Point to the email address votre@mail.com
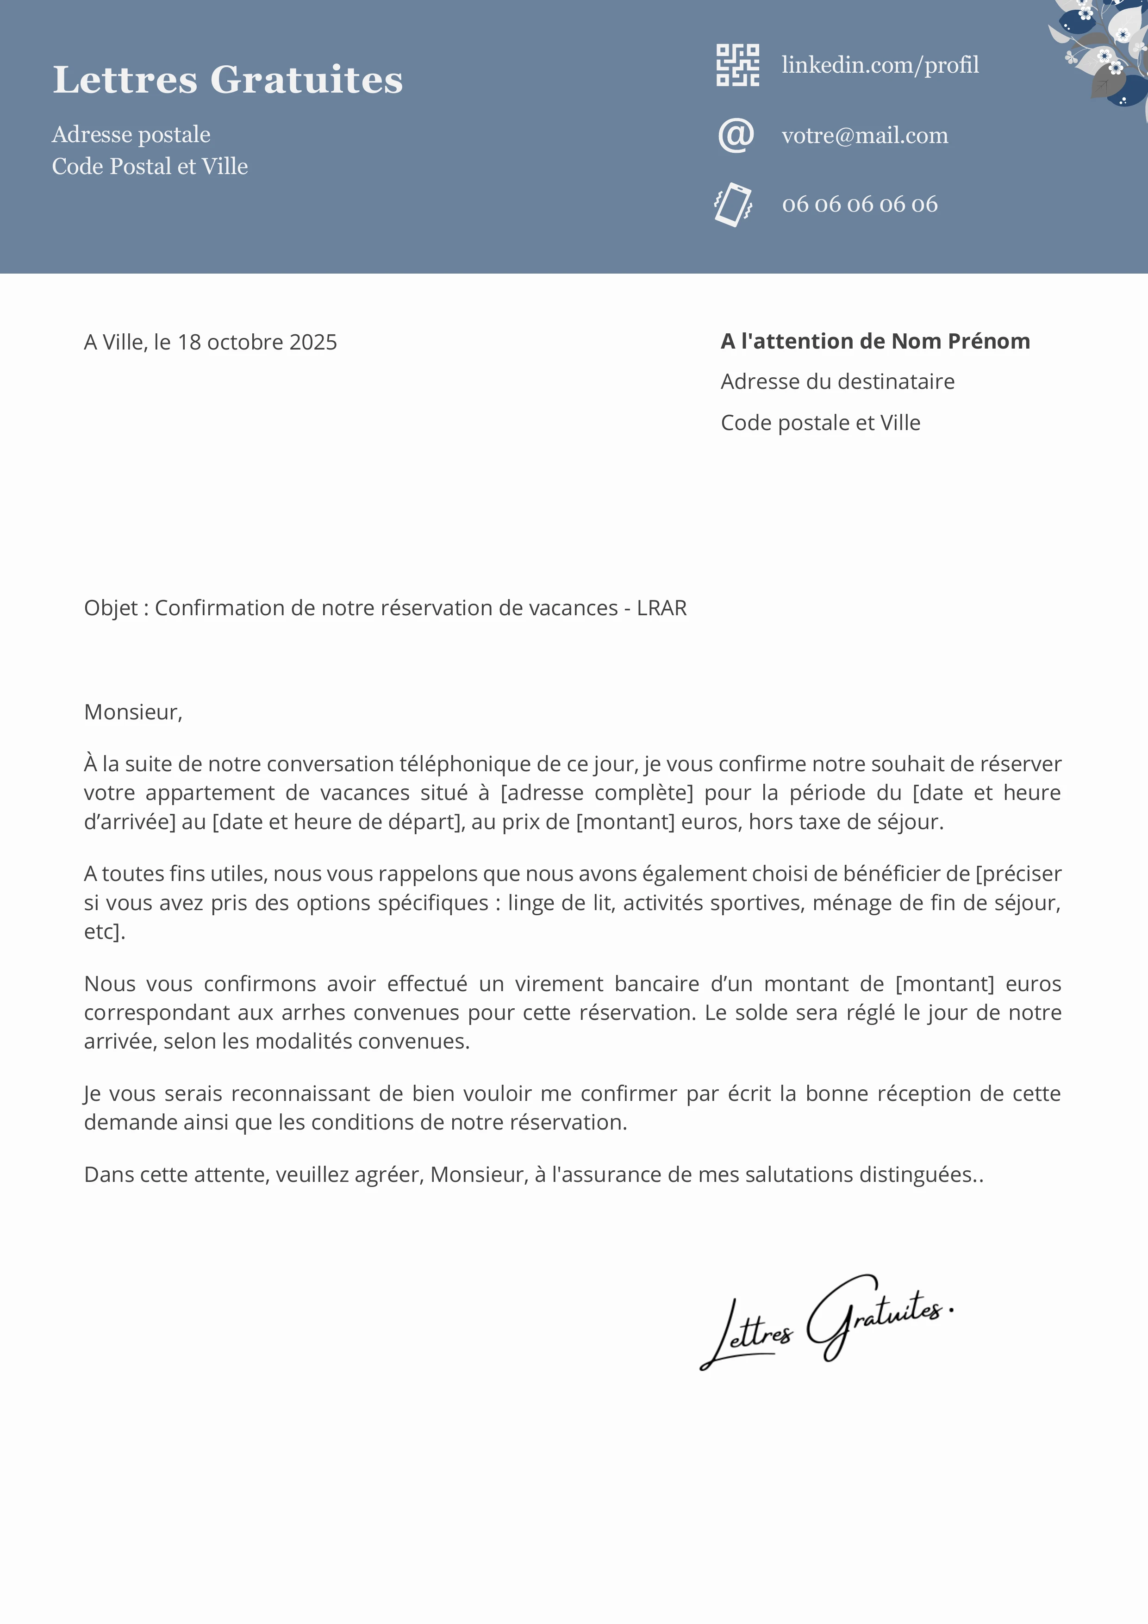864,135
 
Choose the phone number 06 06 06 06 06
860,205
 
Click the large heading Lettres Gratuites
228,79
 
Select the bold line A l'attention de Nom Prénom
875,342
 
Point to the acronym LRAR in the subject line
661,608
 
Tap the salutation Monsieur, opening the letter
133,712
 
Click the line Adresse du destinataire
837,382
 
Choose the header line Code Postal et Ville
150,166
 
